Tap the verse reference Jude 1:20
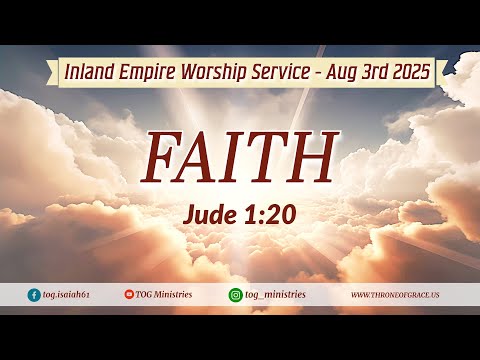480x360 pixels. pos(239,213)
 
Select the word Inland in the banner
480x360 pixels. pos(86,72)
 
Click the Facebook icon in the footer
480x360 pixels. pos(34,295)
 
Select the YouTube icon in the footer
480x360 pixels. pos(129,295)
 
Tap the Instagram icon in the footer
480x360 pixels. pos(236,295)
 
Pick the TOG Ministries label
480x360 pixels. pos(165,295)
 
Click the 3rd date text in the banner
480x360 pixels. pos(373,72)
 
